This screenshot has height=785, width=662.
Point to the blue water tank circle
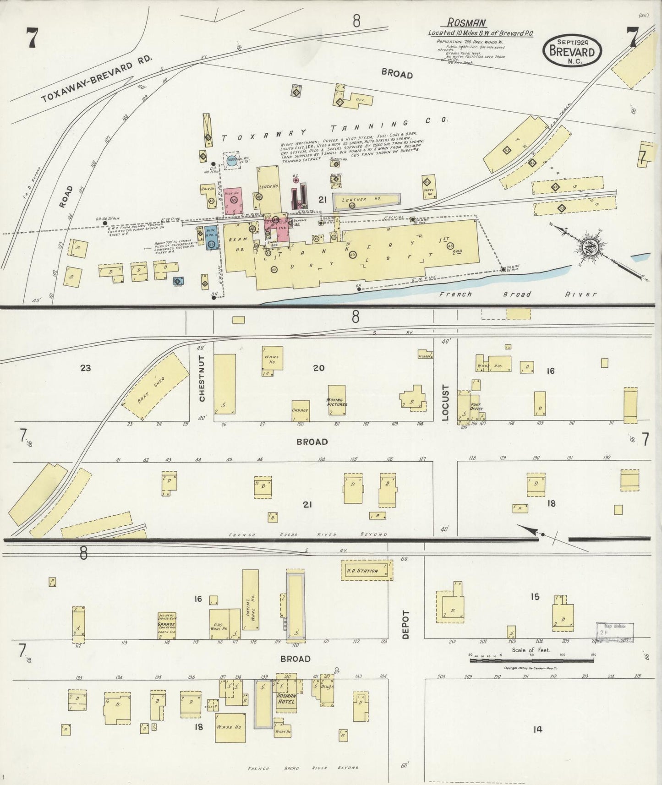pos(232,161)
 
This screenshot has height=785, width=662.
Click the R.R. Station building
pos(367,571)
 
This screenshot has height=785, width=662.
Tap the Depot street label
pos(405,625)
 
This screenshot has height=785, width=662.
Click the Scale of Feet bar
pos(531,661)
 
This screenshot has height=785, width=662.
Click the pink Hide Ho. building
pos(233,201)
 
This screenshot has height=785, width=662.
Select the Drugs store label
pos(327,687)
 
